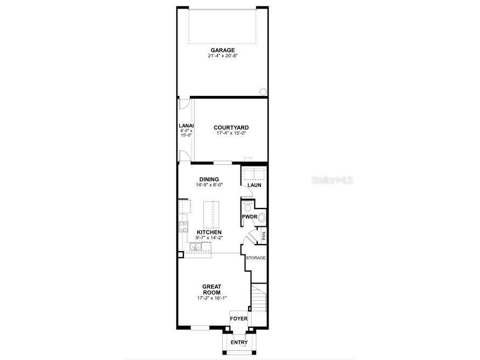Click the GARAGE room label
click(x=222, y=50)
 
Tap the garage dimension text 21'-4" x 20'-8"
click(x=222, y=56)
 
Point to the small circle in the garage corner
click(x=263, y=91)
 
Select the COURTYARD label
click(x=231, y=128)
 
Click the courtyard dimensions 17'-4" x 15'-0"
click(x=231, y=134)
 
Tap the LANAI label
click(x=186, y=126)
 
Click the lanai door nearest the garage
click(x=184, y=105)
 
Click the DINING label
click(x=209, y=179)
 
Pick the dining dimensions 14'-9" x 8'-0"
click(x=209, y=185)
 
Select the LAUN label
click(x=255, y=185)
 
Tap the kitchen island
click(x=211, y=214)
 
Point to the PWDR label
click(x=248, y=217)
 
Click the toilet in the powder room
click(x=248, y=207)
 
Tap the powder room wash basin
click(x=261, y=217)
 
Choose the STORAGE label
click(x=256, y=258)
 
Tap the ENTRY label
click(x=239, y=343)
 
